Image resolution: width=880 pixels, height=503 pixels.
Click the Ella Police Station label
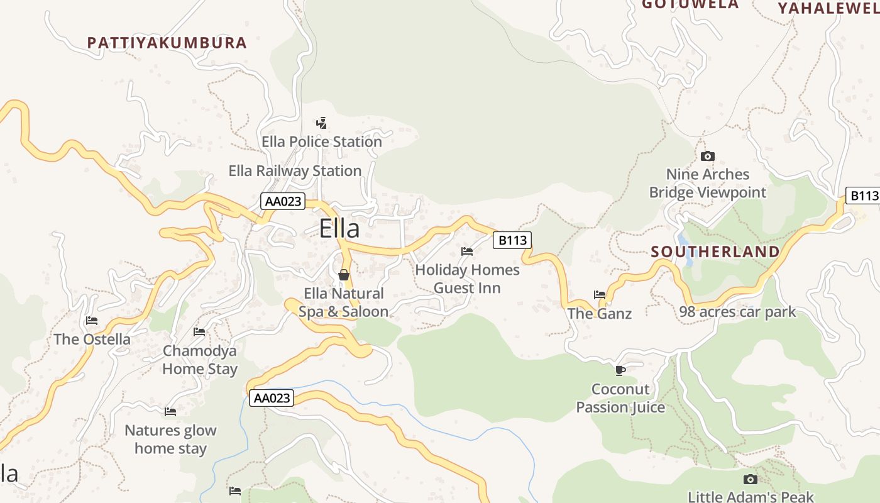tap(322, 142)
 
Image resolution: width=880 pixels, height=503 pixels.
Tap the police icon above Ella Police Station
tap(322, 123)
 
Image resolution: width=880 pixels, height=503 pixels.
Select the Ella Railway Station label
tap(295, 171)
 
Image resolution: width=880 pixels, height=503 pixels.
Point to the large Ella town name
tap(339, 228)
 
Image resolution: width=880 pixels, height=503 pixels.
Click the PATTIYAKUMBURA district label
tap(167, 43)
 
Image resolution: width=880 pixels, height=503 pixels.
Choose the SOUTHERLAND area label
tap(715, 252)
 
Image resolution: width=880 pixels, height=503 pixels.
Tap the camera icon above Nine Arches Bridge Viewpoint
tap(708, 156)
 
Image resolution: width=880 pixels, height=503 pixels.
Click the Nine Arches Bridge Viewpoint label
tap(708, 184)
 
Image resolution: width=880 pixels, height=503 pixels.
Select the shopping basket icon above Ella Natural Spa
tap(343, 275)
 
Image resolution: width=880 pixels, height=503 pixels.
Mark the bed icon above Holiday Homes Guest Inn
tap(467, 251)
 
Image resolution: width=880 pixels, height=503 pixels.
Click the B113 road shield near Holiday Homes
tap(512, 240)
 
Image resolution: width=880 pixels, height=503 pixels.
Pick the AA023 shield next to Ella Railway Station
tap(283, 202)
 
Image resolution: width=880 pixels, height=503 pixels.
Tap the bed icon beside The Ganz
tap(600, 294)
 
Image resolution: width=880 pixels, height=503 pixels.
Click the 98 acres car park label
tap(737, 312)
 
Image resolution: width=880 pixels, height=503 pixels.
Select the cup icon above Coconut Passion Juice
tap(620, 370)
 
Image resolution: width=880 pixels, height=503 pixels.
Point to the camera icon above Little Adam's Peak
tap(751, 479)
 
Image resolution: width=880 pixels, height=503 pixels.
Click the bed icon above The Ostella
tap(92, 321)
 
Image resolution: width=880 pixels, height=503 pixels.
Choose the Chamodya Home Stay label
tap(200, 360)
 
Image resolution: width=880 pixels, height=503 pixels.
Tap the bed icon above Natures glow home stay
tap(170, 412)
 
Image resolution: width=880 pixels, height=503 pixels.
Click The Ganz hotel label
tap(600, 313)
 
